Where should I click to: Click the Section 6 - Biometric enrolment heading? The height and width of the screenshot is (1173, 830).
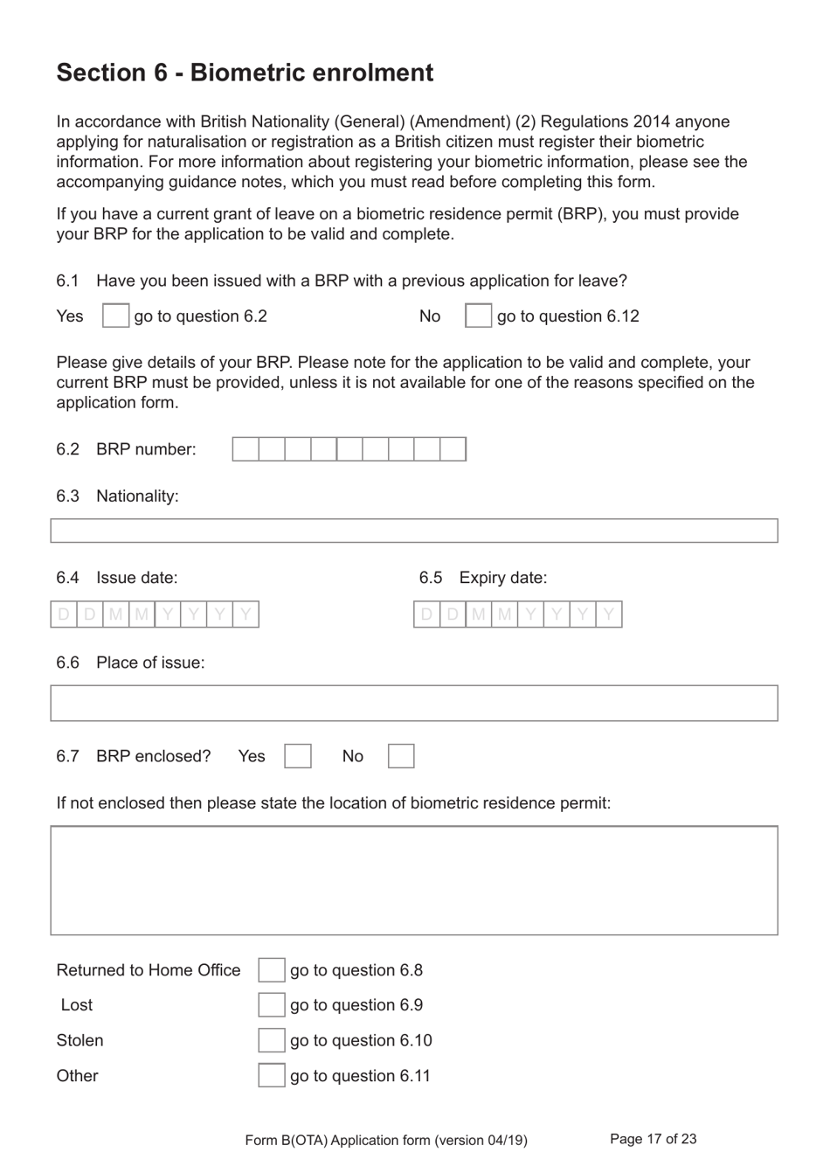pyautogui.click(x=245, y=73)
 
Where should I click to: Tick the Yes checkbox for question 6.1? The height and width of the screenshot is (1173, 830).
pyautogui.click(x=115, y=316)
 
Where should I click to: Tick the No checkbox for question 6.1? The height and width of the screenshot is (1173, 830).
pyautogui.click(x=478, y=316)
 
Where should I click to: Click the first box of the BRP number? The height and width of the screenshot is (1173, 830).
pyautogui.click(x=246, y=449)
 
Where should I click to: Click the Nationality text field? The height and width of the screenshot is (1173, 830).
pyautogui.click(x=413, y=531)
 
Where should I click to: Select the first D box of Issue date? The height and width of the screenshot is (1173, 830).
pyautogui.click(x=64, y=614)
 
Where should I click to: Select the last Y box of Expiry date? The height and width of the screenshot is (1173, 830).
pyautogui.click(x=609, y=614)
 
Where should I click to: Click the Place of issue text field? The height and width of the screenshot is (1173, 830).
pyautogui.click(x=413, y=703)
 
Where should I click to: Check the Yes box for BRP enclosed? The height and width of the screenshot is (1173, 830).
pyautogui.click(x=297, y=756)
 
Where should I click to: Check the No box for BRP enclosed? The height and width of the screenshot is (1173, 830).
pyautogui.click(x=401, y=756)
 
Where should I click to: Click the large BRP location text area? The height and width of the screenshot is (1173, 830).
pyautogui.click(x=413, y=880)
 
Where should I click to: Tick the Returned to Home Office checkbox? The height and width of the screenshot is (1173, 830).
pyautogui.click(x=271, y=970)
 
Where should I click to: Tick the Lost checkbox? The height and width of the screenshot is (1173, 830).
pyautogui.click(x=271, y=1005)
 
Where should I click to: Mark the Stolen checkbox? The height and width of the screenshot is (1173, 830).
pyautogui.click(x=271, y=1040)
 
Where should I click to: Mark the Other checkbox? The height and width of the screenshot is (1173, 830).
pyautogui.click(x=271, y=1075)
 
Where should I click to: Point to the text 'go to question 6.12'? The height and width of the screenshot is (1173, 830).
pyautogui.click(x=568, y=316)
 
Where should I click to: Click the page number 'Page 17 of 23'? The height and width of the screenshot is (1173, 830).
pyautogui.click(x=653, y=1139)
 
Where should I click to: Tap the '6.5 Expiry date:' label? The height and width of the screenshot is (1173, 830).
pyautogui.click(x=483, y=578)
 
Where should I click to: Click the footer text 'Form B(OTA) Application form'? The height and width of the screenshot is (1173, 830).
pyautogui.click(x=386, y=1140)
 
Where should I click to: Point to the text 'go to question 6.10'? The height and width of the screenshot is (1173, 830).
pyautogui.click(x=361, y=1041)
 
